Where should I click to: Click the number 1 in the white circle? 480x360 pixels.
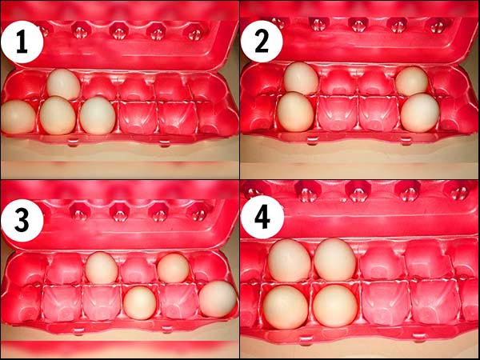coord(22,43)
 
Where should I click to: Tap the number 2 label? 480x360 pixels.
coord(261,43)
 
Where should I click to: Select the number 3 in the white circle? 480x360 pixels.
coord(22,221)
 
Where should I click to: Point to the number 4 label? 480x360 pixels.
coord(262,218)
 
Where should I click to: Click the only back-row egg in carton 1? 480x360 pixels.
coord(63,84)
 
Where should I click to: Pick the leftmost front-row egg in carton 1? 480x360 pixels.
coord(18,117)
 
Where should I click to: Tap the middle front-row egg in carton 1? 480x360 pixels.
coord(58,115)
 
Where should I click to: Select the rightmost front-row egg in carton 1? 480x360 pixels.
coord(98,115)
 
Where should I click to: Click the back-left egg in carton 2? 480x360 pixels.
coord(301,78)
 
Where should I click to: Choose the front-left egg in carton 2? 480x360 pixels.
coord(295,112)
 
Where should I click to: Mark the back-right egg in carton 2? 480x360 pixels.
coord(411,81)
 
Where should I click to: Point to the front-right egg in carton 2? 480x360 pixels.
coord(420,113)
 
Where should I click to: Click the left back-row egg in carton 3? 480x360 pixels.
coord(102,268)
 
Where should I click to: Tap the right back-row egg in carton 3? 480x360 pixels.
coord(174,268)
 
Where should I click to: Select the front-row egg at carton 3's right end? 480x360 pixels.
coord(218,299)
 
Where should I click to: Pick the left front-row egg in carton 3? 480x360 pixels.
coord(140,303)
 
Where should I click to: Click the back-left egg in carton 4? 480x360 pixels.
coord(290,261)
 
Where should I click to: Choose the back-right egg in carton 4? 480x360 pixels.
coord(335,259)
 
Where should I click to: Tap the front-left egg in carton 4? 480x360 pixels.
coord(286,307)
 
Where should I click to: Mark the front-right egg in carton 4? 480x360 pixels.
coord(335,306)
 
